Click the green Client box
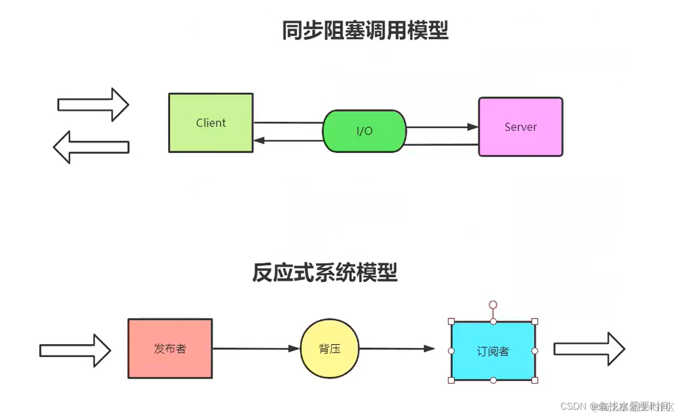pyautogui.click(x=211, y=123)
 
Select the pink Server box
pyautogui.click(x=520, y=127)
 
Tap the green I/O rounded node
pyautogui.click(x=364, y=131)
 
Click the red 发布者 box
pyautogui.click(x=170, y=349)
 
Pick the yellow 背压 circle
pyautogui.click(x=330, y=349)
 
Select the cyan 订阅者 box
pyautogui.click(x=493, y=351)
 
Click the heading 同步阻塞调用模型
pyautogui.click(x=365, y=30)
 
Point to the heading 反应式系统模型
pyautogui.click(x=325, y=272)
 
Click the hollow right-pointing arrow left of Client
pyautogui.click(x=93, y=105)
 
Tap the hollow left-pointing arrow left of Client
pyautogui.click(x=91, y=147)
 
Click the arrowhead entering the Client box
pyautogui.click(x=259, y=140)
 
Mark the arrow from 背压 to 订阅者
pyautogui.click(x=396, y=349)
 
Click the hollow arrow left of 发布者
pyautogui.click(x=75, y=350)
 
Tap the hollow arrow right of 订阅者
pyautogui.click(x=589, y=349)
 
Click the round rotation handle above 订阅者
pyautogui.click(x=493, y=304)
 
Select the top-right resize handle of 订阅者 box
pyautogui.click(x=534, y=322)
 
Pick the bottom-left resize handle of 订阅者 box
pyautogui.click(x=451, y=380)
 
